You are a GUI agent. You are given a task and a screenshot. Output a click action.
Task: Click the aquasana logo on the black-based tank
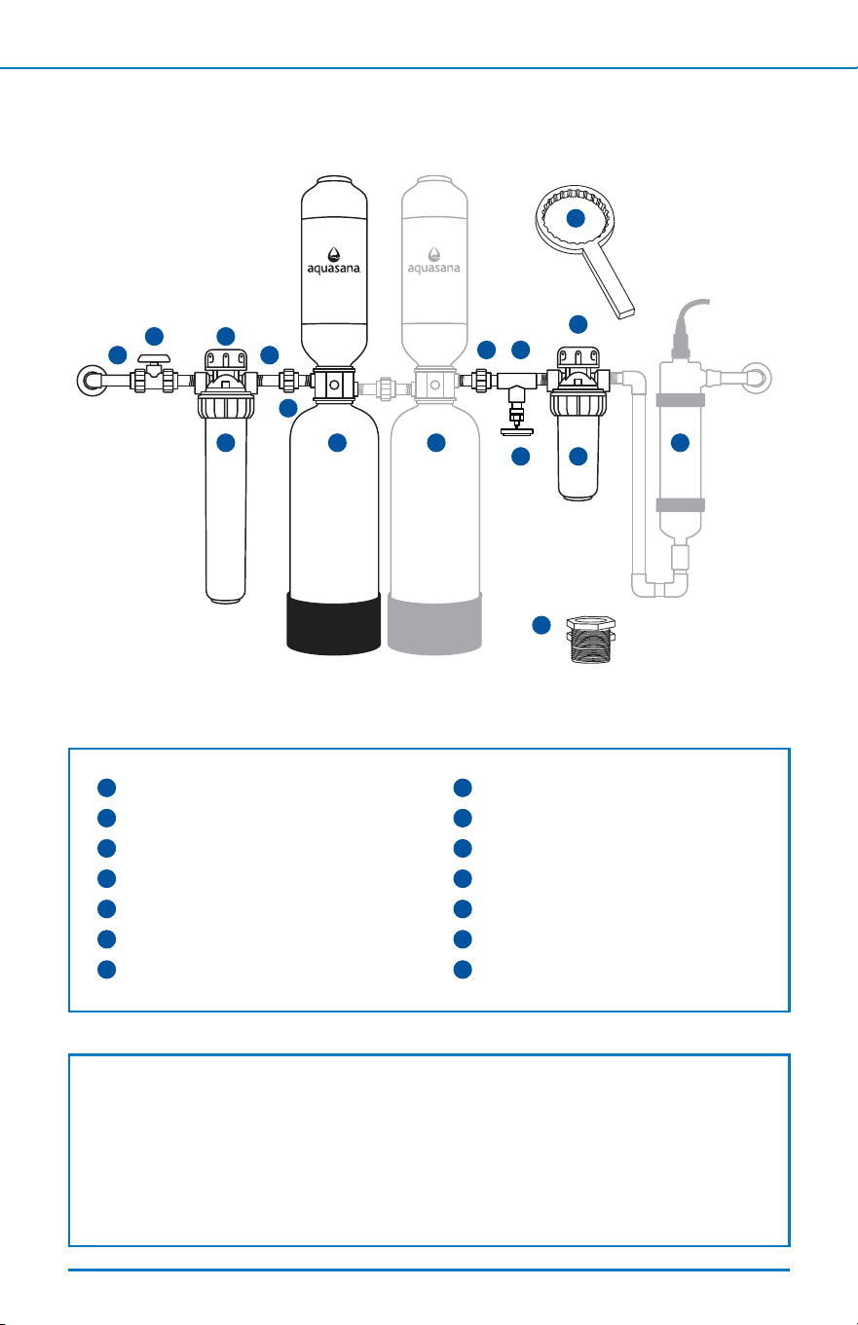pyautogui.click(x=334, y=261)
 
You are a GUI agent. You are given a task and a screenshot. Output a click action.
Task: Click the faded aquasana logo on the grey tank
pyautogui.click(x=434, y=261)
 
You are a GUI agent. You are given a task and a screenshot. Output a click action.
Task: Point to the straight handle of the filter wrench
pyautogui.click(x=609, y=282)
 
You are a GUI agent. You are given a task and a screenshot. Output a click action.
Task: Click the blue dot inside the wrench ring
pyautogui.click(x=576, y=218)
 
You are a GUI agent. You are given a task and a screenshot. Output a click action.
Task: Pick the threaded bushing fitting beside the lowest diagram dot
pyautogui.click(x=591, y=639)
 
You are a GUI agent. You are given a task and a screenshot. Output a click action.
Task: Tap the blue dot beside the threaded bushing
pyautogui.click(x=541, y=625)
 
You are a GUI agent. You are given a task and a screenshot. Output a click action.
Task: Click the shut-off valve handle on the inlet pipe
pyautogui.click(x=154, y=358)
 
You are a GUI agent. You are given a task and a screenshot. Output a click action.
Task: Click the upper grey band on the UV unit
pyautogui.click(x=681, y=400)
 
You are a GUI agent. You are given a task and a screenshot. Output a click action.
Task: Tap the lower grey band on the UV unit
pyautogui.click(x=681, y=504)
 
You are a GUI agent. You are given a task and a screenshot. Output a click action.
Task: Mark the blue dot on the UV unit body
pyautogui.click(x=680, y=442)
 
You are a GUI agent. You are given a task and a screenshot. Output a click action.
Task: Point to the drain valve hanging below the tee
pyautogui.click(x=516, y=414)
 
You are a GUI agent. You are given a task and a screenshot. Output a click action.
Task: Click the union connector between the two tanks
pyautogui.click(x=386, y=388)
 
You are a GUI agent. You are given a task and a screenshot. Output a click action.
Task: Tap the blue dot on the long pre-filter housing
pyautogui.click(x=225, y=442)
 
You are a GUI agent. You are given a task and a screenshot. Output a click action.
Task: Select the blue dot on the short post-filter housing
pyautogui.click(x=578, y=456)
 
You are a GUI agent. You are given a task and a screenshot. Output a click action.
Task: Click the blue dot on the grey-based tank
pyautogui.click(x=436, y=442)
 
